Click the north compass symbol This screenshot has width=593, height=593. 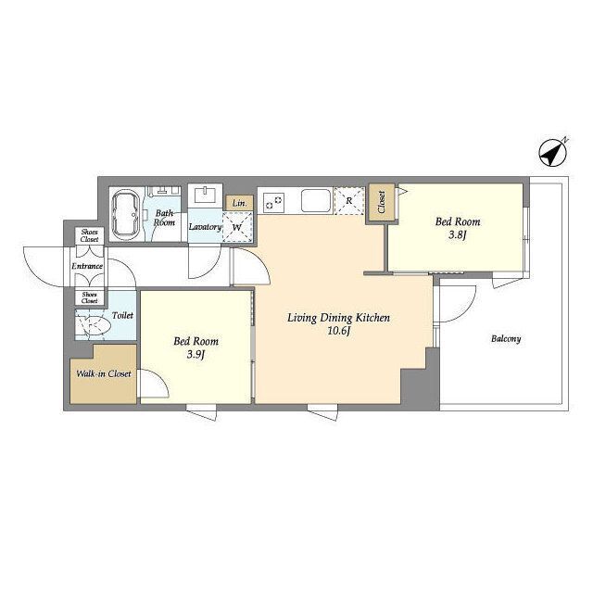coord(554,152)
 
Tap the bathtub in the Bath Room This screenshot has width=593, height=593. coord(127,214)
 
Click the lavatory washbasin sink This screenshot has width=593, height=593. coord(206,196)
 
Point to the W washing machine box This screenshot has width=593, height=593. coord(237,227)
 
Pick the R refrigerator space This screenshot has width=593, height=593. coord(349,200)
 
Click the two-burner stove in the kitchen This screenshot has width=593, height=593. coord(274,202)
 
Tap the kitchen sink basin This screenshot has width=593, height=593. coord(316,200)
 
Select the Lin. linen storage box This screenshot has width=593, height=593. coord(239,203)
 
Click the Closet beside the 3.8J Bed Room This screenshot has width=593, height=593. coord(381,202)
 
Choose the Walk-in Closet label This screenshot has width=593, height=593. coord(104,373)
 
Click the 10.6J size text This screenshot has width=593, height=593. coord(339,332)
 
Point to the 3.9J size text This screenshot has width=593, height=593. coord(196,355)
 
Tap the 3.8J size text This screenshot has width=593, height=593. coord(457,235)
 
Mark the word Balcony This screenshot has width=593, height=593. coord(506,338)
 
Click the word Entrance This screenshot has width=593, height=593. coord(87,266)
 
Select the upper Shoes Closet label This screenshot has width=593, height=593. coord(89,235)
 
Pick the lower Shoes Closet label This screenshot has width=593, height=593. coord(89,297)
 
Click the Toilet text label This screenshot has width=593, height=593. coord(122,315)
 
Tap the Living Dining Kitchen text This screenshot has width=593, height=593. coord(338,318)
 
